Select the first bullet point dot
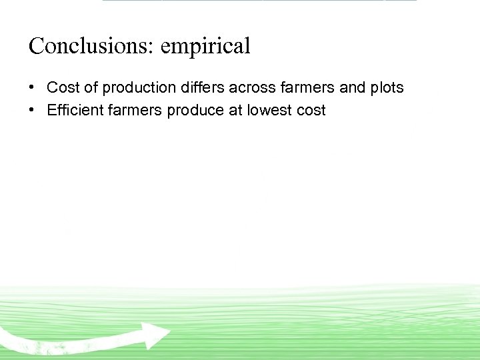tap(33, 88)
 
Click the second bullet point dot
tap(33, 111)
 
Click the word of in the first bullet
tap(91, 88)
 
